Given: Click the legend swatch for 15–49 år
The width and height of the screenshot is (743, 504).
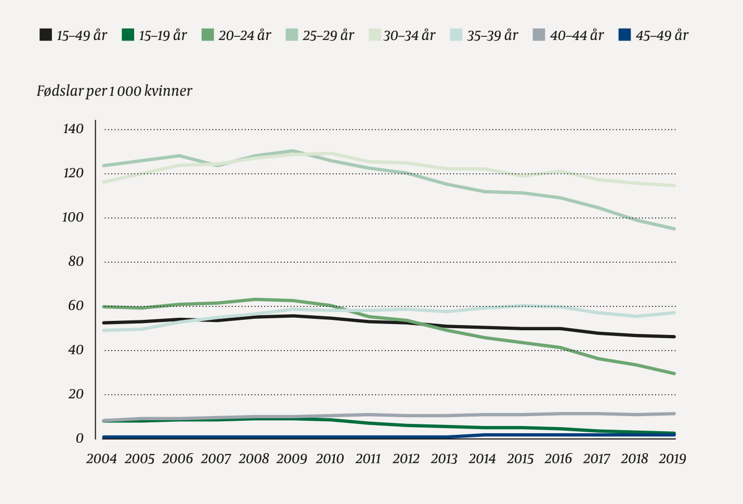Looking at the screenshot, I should tap(46, 35).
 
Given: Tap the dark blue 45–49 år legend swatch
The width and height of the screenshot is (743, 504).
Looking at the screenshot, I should tap(624, 35).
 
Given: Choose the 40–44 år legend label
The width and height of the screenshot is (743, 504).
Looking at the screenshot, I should tap(577, 35).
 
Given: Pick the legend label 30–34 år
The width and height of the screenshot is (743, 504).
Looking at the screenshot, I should tap(409, 35).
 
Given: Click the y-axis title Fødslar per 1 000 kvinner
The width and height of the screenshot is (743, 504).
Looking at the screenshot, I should tap(114, 91).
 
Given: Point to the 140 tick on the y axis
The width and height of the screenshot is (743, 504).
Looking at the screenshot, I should tap(73, 128).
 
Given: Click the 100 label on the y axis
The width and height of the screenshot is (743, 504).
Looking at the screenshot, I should tap(73, 217).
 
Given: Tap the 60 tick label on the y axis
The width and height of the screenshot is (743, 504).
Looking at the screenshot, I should tap(76, 305).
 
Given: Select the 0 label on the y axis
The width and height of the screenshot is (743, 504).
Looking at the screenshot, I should tap(80, 438).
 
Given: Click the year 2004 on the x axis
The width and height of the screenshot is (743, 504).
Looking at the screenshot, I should tap(101, 459).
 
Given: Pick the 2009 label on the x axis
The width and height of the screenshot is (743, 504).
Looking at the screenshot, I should tap(292, 459).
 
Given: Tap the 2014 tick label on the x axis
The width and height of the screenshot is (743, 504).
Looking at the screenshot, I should tap(482, 459).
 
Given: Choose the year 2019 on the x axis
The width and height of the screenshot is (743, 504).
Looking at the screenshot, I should tap(672, 459).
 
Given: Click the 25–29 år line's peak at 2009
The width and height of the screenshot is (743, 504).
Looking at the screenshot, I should tap(293, 151).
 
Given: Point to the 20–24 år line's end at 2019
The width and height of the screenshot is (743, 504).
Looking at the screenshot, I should tap(674, 373).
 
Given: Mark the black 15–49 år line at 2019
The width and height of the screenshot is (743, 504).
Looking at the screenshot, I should tap(674, 337).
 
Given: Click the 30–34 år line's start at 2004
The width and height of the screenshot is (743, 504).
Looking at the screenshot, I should tap(104, 182).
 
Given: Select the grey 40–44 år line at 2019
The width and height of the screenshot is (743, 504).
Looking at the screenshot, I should tap(674, 414).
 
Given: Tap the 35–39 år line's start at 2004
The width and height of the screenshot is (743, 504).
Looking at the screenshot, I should tap(104, 330).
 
